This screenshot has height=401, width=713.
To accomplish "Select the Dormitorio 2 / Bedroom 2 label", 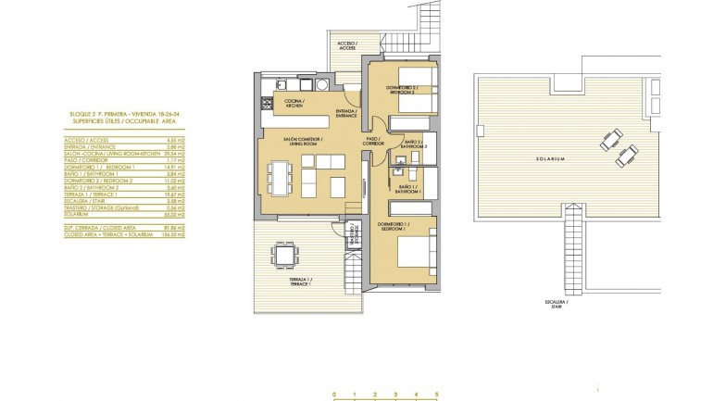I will (x=399, y=90).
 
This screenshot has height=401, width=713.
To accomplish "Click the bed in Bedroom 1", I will (x=412, y=254).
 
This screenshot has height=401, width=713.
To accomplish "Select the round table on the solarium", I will (x=612, y=139).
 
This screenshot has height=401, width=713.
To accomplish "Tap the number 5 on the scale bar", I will (x=435, y=395).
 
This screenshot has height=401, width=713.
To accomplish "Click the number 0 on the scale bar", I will (x=333, y=395).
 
